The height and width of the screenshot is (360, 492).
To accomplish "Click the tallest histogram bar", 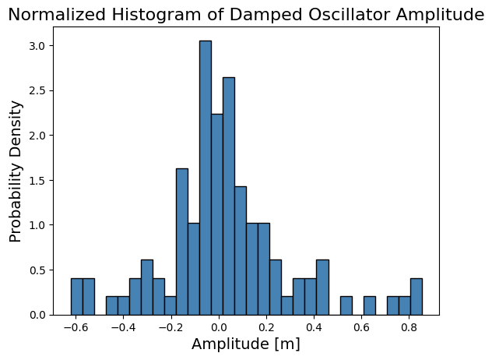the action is click(206, 178).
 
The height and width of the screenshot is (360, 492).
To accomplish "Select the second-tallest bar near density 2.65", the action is click(229, 196).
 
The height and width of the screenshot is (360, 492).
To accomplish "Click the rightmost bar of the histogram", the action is click(416, 297).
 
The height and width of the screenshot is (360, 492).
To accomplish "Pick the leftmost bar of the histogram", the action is click(77, 297).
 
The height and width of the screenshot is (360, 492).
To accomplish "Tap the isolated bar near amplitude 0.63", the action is click(370, 305).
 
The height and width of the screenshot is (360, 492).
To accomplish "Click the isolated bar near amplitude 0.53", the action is click(346, 305).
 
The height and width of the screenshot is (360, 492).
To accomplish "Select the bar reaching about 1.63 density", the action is click(182, 242).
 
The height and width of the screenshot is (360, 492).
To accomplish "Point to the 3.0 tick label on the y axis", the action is click(37, 46).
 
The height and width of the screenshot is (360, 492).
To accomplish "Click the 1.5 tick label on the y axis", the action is click(37, 181).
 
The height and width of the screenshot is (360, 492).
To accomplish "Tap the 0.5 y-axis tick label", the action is click(37, 270).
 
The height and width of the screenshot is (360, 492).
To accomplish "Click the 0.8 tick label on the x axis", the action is click(409, 327).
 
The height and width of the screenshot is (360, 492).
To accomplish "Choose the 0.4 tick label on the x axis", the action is click(314, 327).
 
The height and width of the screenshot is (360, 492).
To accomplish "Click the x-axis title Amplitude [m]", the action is click(246, 344).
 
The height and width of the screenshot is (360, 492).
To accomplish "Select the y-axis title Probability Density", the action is click(15, 171).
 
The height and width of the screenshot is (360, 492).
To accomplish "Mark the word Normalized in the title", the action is click(57, 15).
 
